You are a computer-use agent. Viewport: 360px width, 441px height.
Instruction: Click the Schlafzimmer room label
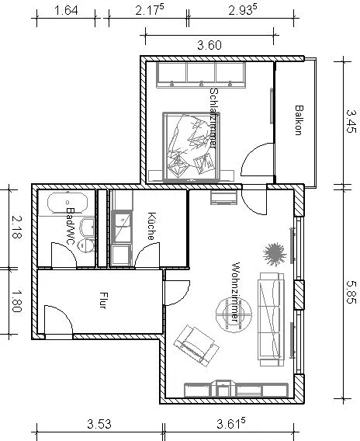click(x=214, y=117)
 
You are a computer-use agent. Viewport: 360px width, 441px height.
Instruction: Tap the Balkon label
click(x=299, y=120)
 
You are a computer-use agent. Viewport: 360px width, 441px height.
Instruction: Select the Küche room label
click(x=151, y=226)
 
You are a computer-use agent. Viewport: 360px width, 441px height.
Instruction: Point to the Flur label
click(x=103, y=300)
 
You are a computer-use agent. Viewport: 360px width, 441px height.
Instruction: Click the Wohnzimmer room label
click(x=235, y=292)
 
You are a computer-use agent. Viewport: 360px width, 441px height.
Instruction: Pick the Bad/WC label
click(x=71, y=226)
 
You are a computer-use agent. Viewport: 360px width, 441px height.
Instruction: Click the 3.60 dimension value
click(x=209, y=45)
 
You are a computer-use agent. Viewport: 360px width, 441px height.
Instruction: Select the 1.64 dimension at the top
click(x=66, y=11)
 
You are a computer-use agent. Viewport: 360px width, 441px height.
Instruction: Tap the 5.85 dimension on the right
click(x=351, y=292)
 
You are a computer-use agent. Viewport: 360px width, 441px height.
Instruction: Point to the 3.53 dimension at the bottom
click(x=99, y=424)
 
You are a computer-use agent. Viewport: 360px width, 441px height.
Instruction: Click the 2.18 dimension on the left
click(x=16, y=227)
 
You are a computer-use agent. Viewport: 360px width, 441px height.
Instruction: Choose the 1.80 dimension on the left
click(x=16, y=301)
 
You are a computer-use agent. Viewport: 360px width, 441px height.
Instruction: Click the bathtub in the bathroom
click(x=67, y=203)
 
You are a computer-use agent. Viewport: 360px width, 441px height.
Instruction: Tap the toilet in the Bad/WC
click(x=86, y=245)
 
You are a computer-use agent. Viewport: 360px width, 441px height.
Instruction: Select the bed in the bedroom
click(x=191, y=147)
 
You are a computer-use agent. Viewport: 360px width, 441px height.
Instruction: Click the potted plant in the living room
click(x=275, y=254)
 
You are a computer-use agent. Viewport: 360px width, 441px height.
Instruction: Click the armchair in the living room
click(x=196, y=346)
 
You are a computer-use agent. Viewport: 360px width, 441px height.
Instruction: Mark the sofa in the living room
click(x=272, y=319)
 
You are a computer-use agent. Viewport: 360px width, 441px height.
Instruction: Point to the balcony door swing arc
click(x=247, y=153)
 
